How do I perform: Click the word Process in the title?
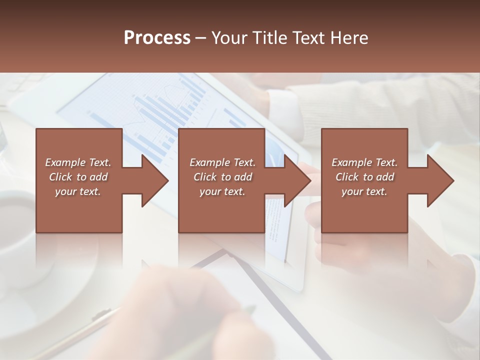(157, 38)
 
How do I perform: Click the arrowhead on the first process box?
(152, 180)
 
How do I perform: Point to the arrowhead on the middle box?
(295, 180)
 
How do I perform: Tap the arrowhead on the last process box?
(438, 180)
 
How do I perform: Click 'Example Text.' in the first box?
(78, 162)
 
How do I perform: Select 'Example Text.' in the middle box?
(222, 162)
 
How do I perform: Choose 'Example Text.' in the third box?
(364, 162)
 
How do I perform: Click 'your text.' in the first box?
(78, 191)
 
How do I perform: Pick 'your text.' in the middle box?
(222, 191)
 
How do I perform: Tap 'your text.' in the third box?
(364, 191)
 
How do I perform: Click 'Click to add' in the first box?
(78, 177)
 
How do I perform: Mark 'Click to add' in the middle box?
(222, 177)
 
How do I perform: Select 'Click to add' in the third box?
(364, 177)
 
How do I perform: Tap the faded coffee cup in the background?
(20, 225)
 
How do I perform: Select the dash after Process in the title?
(201, 38)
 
